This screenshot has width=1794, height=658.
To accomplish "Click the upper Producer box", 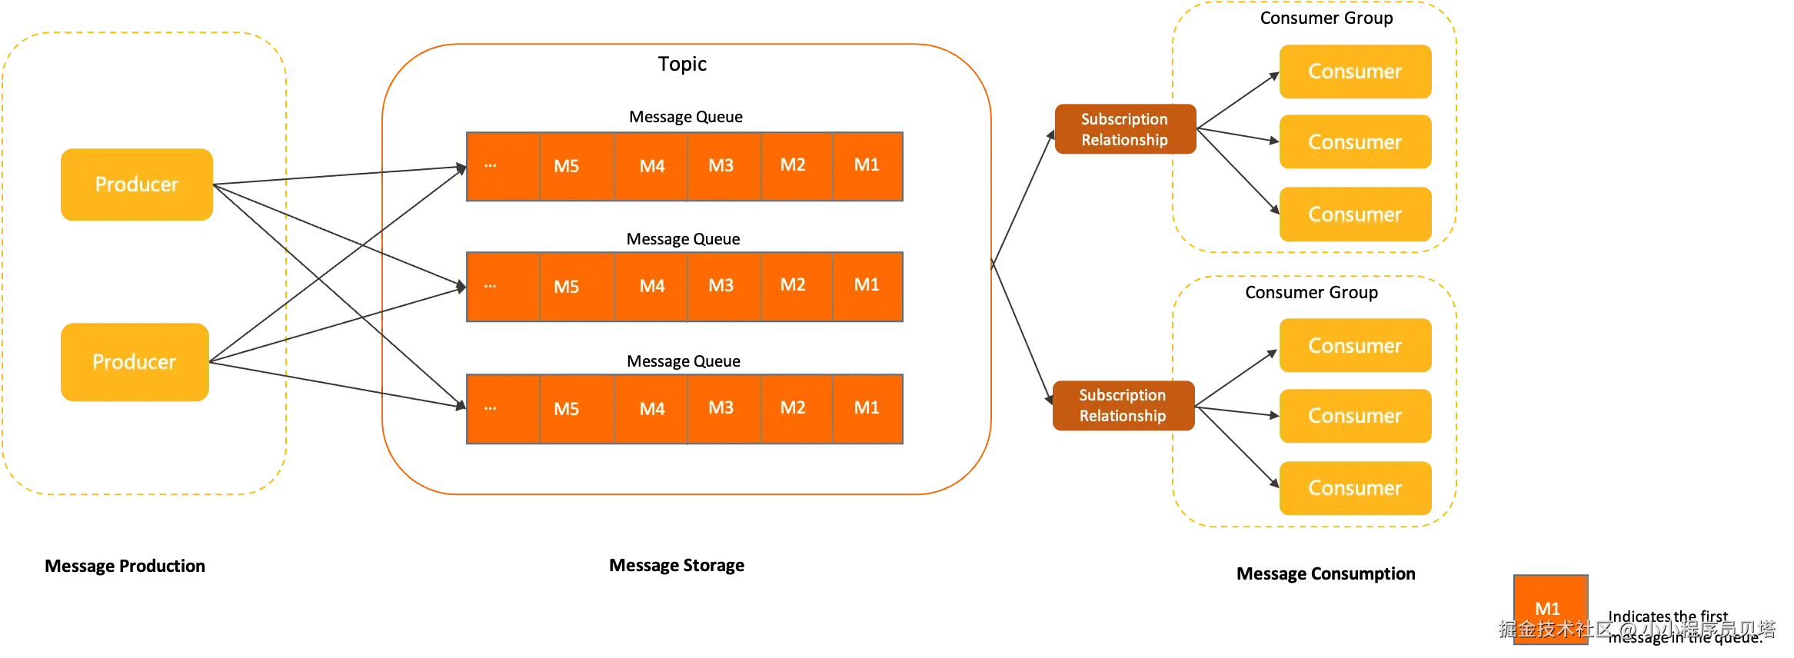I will pos(136,184).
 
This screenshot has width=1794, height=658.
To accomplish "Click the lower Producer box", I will pos(134,362).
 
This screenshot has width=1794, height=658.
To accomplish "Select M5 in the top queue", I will pos(567,166).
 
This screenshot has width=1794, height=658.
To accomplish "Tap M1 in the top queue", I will pos(867,165).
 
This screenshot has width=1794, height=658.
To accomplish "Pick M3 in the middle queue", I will pos(721,286).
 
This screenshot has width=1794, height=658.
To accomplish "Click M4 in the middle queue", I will pos(652,286).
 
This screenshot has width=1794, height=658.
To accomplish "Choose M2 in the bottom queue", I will pos(793,407).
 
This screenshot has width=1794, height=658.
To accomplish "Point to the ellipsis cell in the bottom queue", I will pos(501,408).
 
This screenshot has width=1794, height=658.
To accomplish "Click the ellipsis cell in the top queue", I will pos(501,166).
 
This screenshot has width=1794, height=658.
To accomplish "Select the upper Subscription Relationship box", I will pos(1124,129).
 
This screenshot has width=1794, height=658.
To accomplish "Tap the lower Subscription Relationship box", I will pos(1123,405).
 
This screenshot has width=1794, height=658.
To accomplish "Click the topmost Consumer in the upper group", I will pos(1355,71).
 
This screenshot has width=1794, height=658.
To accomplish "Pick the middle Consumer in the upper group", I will pos(1355,142).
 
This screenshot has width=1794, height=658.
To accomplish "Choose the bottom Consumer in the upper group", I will pos(1355,214).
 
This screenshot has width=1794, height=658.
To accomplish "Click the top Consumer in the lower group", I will pos(1355,346).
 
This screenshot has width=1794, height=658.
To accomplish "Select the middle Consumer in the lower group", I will pos(1355,416).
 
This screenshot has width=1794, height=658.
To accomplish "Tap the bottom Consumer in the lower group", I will pos(1355,488).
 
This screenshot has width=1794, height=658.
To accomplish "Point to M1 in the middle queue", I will pos(867,285).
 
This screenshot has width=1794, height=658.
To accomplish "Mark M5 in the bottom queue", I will pos(567,409).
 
